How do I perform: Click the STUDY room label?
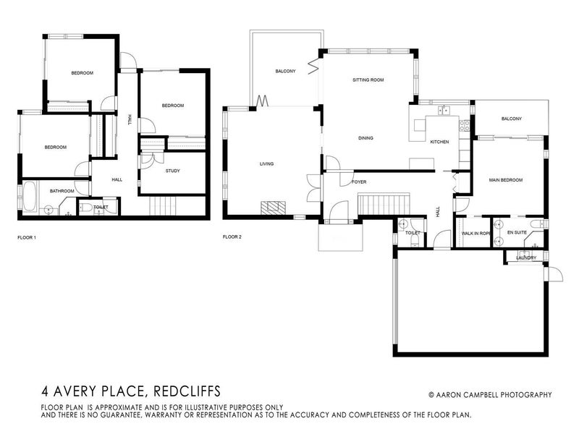pos(172,171)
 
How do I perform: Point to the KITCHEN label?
pos(440,142)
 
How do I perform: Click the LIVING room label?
pos(266,164)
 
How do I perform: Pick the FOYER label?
pos(359,182)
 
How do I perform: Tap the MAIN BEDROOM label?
pos(506,180)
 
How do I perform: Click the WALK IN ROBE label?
pos(477,233)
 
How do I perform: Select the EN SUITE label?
pos(517,233)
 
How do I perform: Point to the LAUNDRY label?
pos(526,258)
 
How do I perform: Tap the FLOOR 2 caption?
pos(231,237)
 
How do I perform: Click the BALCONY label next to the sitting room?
pos(284,72)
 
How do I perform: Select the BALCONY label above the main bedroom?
pos(511,119)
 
